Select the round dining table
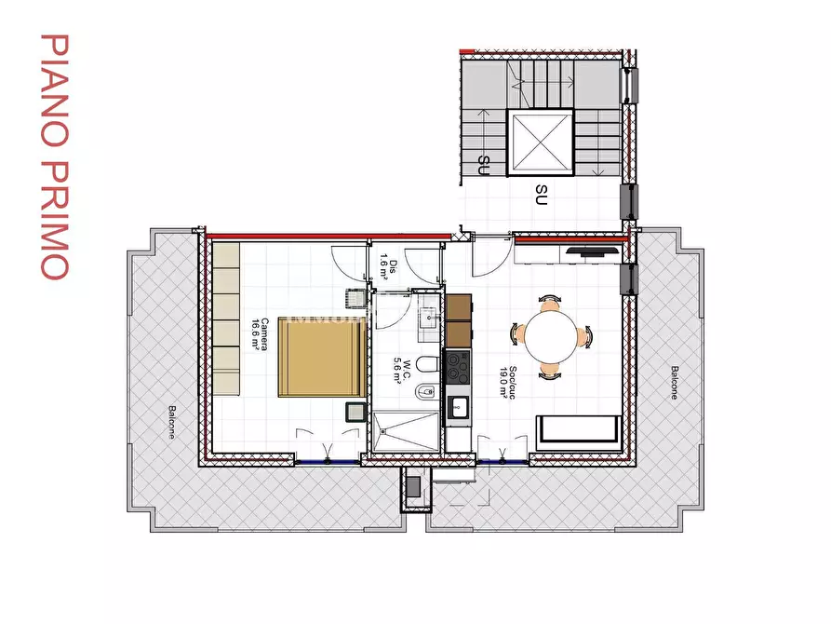click(549, 335)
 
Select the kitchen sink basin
click(458, 406)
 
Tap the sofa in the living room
click(579, 430)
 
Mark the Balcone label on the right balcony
click(672, 382)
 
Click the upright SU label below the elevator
click(541, 194)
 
